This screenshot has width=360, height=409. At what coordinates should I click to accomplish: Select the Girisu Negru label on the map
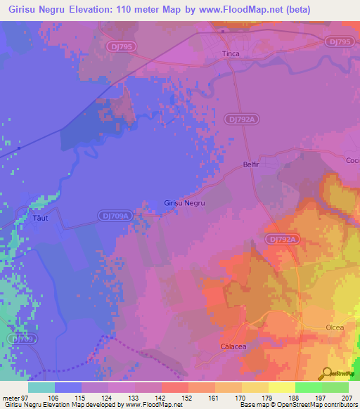(184, 202)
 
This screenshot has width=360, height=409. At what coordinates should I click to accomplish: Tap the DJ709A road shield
(114, 216)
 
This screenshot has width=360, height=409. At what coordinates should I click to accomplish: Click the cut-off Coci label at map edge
(352, 160)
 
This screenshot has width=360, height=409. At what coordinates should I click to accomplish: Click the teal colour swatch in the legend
(41, 387)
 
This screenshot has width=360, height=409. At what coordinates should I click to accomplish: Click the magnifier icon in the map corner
(327, 373)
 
